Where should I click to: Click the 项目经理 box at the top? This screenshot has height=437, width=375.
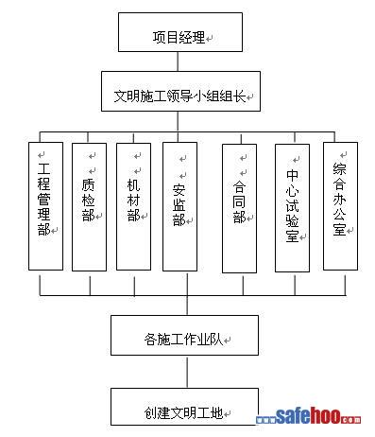[x=180, y=32]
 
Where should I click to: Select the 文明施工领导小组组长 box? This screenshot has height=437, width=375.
[x=180, y=91]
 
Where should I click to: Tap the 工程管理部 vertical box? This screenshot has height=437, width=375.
[x=45, y=206]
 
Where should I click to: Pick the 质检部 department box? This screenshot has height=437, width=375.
[x=89, y=207]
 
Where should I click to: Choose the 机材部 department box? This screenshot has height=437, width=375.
[x=133, y=207]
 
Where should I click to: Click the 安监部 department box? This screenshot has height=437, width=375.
[x=179, y=206]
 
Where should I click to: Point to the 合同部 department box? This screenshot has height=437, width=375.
[x=239, y=208]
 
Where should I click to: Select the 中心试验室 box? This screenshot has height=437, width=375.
[x=292, y=208]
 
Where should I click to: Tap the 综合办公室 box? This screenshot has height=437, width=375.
[x=340, y=206]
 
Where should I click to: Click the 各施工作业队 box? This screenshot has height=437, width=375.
[x=184, y=335]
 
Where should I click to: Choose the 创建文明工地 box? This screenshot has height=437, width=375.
[x=184, y=407]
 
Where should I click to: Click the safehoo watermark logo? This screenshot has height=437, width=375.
[x=308, y=416]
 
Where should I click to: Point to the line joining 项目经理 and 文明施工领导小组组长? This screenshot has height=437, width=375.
[x=178, y=61]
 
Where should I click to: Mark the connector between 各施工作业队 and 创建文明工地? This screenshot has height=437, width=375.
[x=187, y=372]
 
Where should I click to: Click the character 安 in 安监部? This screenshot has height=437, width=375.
[x=179, y=190]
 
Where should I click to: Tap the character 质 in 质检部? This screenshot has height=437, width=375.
[x=88, y=185]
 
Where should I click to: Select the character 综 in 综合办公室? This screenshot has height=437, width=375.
[x=339, y=169]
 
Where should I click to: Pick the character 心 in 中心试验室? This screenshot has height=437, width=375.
[x=292, y=190]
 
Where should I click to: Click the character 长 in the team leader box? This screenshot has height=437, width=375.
[x=239, y=96]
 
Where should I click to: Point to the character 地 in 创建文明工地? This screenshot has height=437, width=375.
[x=216, y=412]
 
